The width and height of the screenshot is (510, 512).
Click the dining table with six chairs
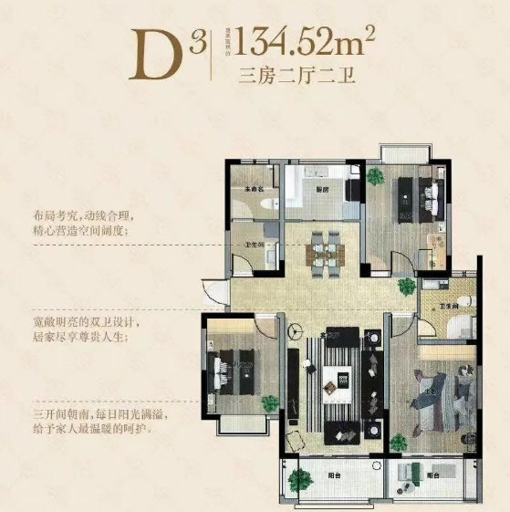pos(323,250)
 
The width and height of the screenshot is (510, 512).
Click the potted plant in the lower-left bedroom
pos(269,402)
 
